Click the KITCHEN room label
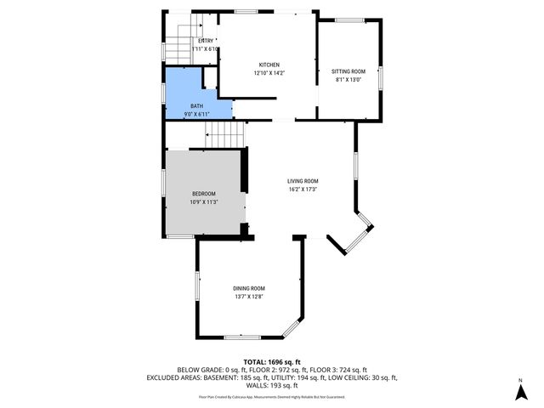269,65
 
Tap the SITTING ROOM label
348,71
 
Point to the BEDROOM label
203,193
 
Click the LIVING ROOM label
303,180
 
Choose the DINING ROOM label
250,288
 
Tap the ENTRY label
206,41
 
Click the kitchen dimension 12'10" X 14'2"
269,73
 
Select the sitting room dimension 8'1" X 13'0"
348,80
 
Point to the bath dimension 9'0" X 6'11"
200,114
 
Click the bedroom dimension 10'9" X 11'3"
203,201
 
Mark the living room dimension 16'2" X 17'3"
303,189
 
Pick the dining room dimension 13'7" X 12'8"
250,297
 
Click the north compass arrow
519,392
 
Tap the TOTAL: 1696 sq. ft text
272,362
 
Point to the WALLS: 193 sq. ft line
272,385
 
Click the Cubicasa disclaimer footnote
272,396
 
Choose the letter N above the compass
519,378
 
